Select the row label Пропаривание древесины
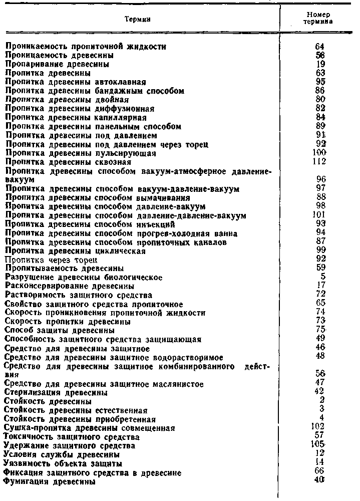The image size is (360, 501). click(57, 64)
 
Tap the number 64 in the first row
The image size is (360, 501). click(320, 47)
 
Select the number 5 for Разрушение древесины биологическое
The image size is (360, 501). click(323, 277)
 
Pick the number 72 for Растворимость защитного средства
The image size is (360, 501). click(321, 295)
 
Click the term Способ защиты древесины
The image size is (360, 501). click(60, 331)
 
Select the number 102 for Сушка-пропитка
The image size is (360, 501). click(318, 427)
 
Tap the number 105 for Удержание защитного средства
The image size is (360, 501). click(318, 445)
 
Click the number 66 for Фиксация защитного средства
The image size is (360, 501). click(320, 472)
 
